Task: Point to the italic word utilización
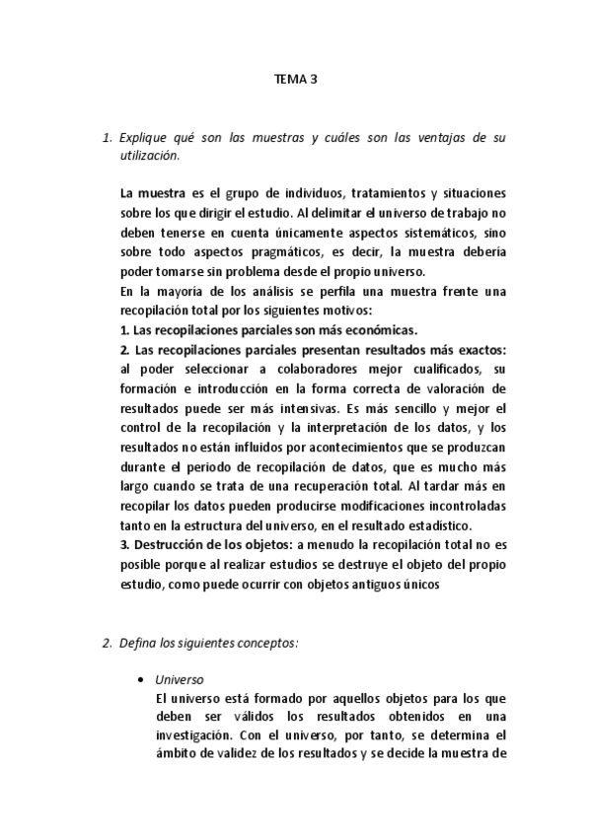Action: [148, 156]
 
